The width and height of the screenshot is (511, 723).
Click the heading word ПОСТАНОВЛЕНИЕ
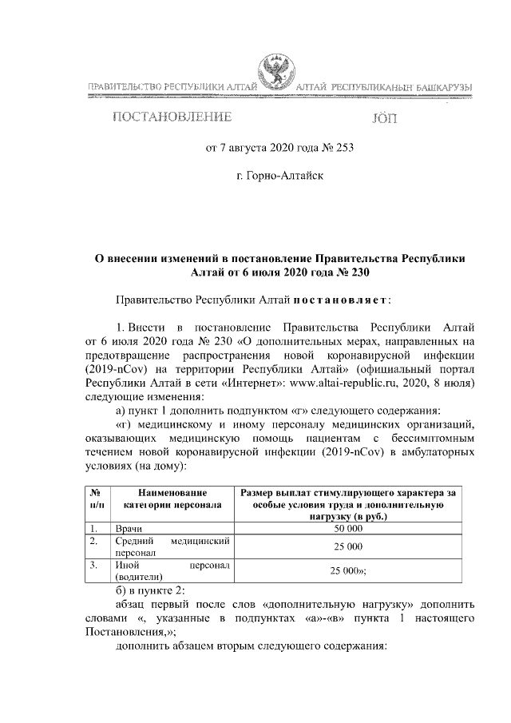point(172,118)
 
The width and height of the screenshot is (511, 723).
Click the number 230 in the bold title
point(357,272)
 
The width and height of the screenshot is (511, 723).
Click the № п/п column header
point(94,499)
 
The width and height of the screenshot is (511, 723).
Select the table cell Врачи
point(129,528)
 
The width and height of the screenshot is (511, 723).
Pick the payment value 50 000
point(348,528)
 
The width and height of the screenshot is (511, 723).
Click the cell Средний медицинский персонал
point(172,546)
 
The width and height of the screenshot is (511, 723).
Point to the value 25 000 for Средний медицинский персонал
point(348,546)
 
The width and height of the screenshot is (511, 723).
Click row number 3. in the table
point(93,565)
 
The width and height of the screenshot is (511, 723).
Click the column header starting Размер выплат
point(348,499)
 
